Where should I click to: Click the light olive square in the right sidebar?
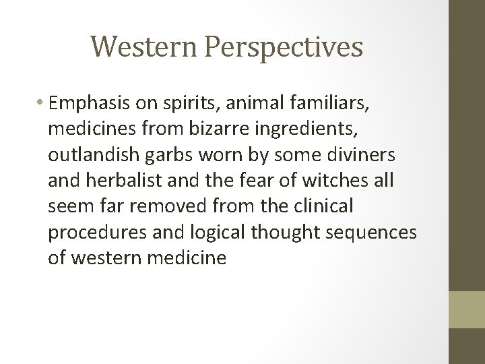click(x=467, y=310)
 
